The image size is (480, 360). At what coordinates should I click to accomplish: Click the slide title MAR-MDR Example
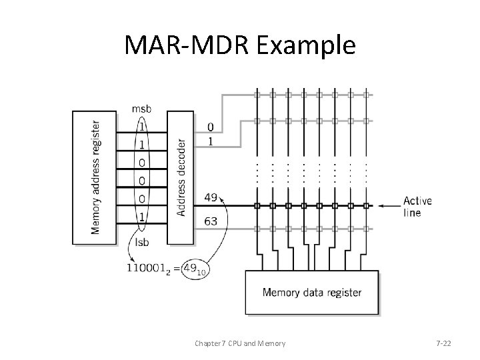click(x=240, y=46)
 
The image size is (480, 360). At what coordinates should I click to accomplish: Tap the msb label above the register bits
click(x=141, y=108)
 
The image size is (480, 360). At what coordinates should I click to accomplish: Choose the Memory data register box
click(x=312, y=292)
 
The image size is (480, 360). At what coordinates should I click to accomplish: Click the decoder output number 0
click(x=211, y=127)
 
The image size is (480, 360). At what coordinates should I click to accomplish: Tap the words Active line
click(x=417, y=207)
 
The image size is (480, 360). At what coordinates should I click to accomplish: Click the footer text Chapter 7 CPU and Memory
click(x=240, y=343)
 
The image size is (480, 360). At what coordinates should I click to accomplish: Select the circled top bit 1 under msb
click(x=141, y=125)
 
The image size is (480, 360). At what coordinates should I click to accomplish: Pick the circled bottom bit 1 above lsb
click(x=141, y=215)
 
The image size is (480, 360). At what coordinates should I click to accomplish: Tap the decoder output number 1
click(x=211, y=141)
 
